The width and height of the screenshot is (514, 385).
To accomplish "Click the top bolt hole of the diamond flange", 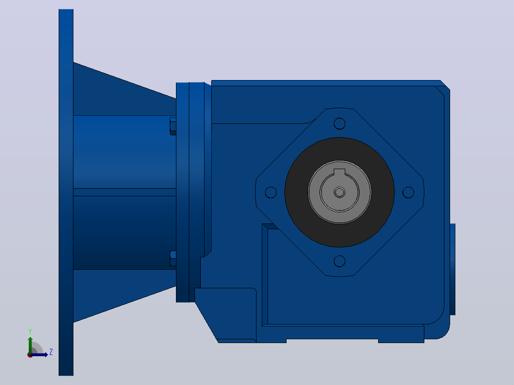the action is click(339, 123).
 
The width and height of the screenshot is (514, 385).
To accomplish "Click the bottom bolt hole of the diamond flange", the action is click(339, 261).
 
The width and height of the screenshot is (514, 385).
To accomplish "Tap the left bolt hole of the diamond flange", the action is click(270, 192).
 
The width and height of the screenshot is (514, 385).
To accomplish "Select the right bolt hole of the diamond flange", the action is click(408, 192).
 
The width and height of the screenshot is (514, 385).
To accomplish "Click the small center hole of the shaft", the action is click(339, 192).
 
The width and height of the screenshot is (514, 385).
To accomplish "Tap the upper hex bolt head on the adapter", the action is click(173, 126).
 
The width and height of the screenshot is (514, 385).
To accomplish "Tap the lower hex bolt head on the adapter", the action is click(173, 259).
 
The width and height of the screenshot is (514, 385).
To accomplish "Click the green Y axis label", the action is click(30, 332).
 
